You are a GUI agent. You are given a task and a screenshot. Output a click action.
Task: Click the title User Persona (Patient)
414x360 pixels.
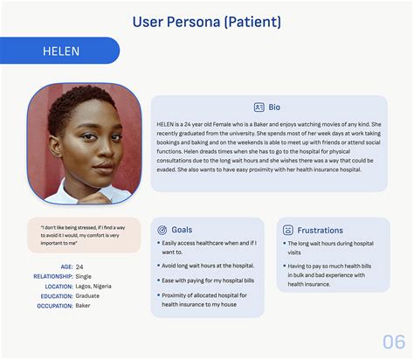click(206, 20)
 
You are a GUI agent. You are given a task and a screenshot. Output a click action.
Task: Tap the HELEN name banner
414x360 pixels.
click(61, 51)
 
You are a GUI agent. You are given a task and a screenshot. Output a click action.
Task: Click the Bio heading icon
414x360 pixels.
click(259, 107)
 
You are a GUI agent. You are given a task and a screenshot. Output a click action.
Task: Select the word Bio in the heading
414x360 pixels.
click(274, 107)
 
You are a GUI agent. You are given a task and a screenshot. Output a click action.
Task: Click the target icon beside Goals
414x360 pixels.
click(162, 230)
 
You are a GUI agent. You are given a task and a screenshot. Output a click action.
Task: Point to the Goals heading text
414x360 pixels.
click(183, 230)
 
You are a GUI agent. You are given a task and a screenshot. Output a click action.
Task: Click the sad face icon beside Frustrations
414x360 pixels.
click(288, 230)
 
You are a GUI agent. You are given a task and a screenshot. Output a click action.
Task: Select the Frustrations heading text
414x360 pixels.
click(320, 230)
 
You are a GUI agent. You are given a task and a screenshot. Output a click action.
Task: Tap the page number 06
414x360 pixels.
click(393, 341)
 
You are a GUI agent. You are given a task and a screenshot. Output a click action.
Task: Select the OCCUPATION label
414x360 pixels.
click(48, 305)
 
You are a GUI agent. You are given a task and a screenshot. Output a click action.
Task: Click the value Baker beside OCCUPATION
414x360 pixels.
click(84, 305)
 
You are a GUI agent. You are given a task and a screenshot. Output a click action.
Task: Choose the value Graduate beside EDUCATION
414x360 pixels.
click(89, 295)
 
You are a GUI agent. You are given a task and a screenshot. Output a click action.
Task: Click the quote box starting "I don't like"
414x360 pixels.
click(84, 235)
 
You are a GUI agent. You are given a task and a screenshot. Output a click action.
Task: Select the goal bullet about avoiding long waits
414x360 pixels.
click(208, 266)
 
